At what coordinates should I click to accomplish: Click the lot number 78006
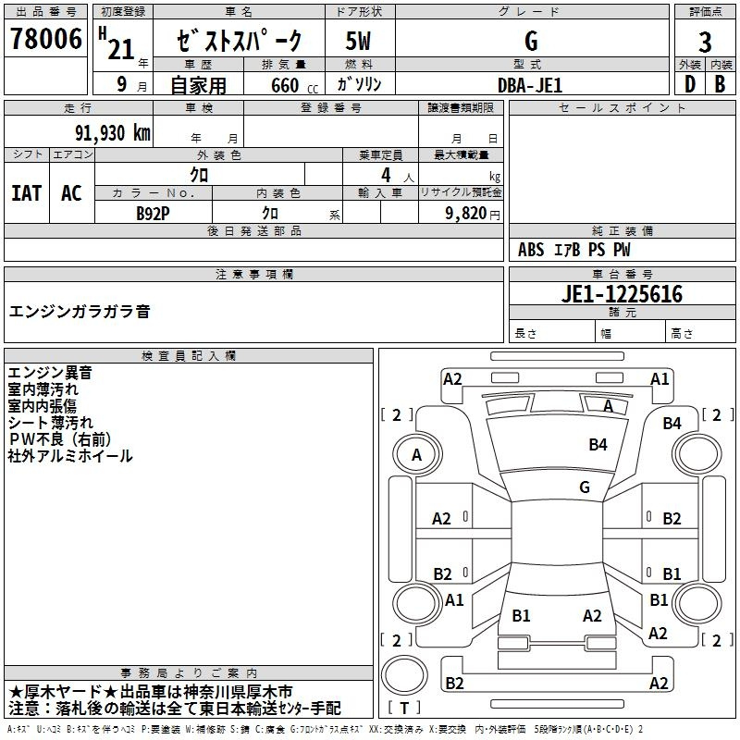coord(45,39)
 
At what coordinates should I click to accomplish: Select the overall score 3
coord(705,43)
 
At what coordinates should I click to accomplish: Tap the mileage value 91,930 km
coord(112,133)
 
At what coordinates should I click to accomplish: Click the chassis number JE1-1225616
coord(622,294)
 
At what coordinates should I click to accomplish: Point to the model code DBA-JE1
coord(530,85)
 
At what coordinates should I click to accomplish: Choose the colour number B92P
coord(153,214)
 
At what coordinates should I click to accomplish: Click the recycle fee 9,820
coord(466,214)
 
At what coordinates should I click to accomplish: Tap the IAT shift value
coord(27,193)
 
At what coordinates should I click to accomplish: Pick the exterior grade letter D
coord(690,84)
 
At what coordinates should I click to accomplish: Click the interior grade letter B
coord(720,84)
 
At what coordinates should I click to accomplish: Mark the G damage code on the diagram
coord(585,487)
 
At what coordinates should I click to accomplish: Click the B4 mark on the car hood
coord(598,445)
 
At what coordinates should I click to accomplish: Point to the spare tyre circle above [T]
coord(404,675)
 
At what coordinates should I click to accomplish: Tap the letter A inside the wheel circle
coord(416,455)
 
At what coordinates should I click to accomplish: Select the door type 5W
coord(358,41)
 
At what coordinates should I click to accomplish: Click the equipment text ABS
coord(531,250)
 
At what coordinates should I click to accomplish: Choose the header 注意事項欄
coord(254,274)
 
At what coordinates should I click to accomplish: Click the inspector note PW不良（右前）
coord(60,439)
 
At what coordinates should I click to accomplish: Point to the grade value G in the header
coord(531,41)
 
